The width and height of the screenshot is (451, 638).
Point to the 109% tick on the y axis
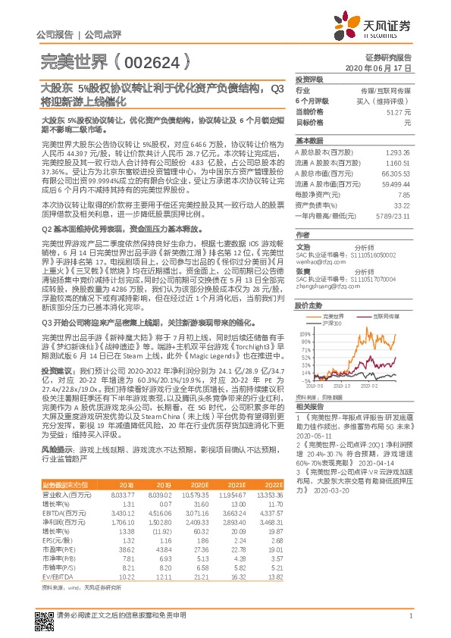305,333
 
